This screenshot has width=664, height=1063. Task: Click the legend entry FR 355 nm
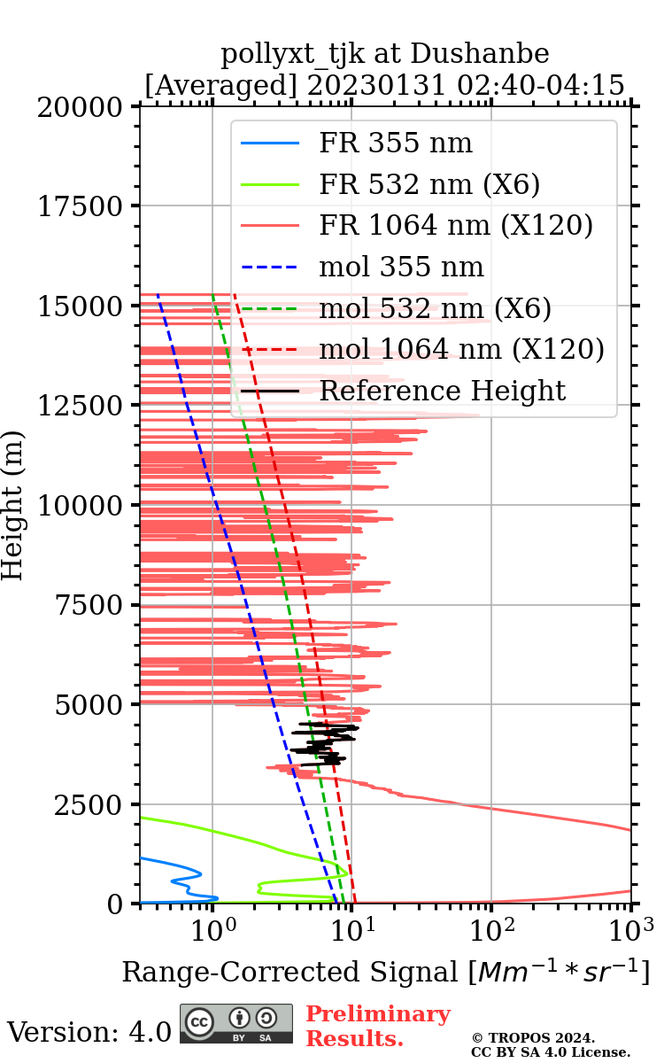[396, 144]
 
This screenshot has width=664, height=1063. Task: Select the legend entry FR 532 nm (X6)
[429, 184]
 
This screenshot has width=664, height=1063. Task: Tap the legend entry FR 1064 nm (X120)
[455, 226]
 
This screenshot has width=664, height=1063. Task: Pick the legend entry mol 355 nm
[401, 267]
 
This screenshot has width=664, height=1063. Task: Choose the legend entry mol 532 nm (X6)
[435, 308]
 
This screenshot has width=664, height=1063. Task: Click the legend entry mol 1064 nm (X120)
[461, 349]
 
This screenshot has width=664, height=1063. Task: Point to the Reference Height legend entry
[442, 391]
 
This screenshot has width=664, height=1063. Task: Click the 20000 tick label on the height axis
[81, 107]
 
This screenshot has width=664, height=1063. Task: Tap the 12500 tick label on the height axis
[81, 406]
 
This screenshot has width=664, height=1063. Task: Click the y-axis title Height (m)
[13, 505]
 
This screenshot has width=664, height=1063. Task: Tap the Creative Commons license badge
[236, 1024]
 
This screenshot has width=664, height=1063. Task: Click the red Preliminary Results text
[377, 1026]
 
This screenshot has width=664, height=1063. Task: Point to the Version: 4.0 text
[89, 1032]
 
